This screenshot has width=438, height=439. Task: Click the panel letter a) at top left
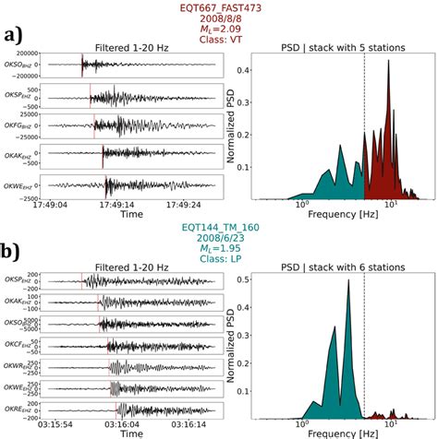[x=16, y=36]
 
